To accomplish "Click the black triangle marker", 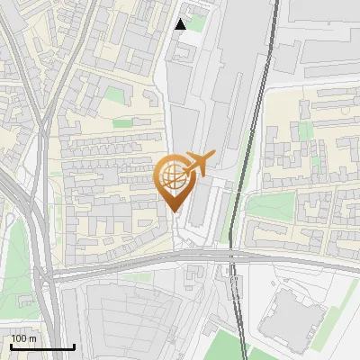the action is [x=181, y=24].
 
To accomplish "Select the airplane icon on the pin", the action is [x=199, y=163].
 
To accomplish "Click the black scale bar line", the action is [x=42, y=346].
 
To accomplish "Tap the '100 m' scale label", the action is [x=24, y=338].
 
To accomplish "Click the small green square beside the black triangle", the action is [x=196, y=23].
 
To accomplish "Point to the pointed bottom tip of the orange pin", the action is [x=175, y=211].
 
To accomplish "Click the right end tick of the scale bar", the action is [x=74, y=346].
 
